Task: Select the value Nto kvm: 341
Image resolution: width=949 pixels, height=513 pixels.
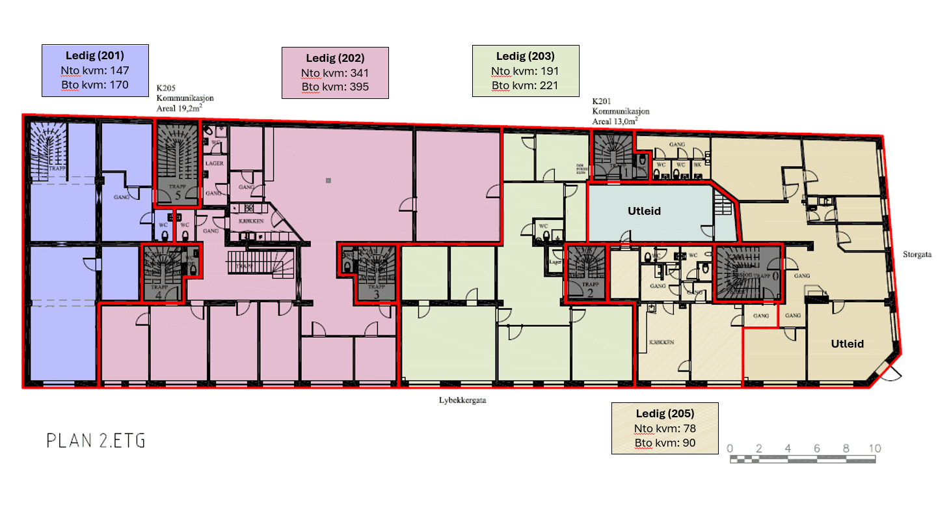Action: coord(334,73)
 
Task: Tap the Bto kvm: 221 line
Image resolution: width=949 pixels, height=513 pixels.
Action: coord(525,85)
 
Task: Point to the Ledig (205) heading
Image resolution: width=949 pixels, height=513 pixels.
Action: coord(665,413)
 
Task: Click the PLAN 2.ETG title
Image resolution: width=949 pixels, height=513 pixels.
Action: coord(96,441)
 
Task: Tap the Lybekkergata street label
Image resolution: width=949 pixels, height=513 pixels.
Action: coord(462,401)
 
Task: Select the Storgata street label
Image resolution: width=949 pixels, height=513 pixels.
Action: coord(917,255)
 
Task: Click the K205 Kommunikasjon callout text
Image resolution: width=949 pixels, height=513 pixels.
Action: coord(185,98)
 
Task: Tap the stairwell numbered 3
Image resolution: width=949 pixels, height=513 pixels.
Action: coord(375,273)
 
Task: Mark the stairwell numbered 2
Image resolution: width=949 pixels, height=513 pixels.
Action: coord(586,273)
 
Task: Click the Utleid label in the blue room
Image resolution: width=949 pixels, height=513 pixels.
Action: coord(644,211)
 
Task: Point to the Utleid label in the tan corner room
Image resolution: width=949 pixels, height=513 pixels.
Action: coord(848,344)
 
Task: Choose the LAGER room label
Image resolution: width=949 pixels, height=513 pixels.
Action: coord(215,163)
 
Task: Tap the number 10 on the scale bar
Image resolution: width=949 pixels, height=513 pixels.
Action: coord(874,449)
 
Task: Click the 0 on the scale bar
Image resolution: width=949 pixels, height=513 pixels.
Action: coord(730,449)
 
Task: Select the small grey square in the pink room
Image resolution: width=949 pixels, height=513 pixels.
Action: coord(328,180)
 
